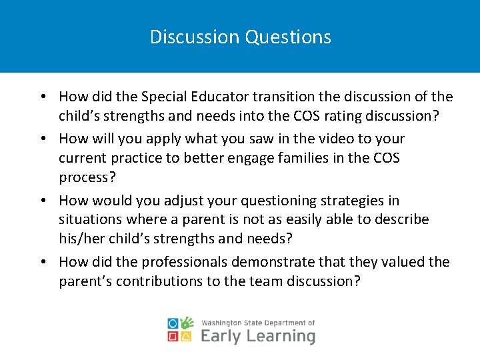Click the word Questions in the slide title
tap(287, 37)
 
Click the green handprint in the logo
tap(188, 323)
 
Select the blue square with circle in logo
tap(174, 324)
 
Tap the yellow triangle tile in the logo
tap(188, 337)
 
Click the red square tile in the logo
tap(174, 337)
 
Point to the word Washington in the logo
tap(223, 323)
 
